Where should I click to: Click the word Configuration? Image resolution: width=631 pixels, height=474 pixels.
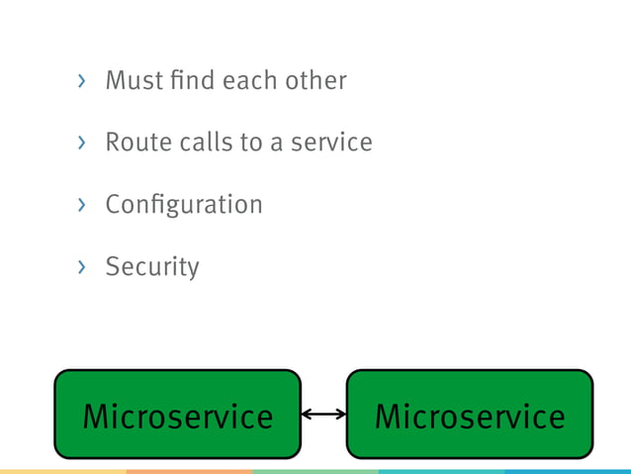click(x=184, y=205)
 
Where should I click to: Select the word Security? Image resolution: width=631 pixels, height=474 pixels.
click(x=152, y=267)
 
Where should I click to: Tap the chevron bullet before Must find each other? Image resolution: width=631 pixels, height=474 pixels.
click(x=82, y=81)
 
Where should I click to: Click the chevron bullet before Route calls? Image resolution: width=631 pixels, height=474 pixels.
click(x=82, y=143)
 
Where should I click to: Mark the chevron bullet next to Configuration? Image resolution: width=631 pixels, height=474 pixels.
click(x=82, y=206)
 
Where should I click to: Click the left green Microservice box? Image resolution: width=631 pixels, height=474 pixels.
click(x=177, y=415)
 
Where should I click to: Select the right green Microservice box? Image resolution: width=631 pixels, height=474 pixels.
click(x=470, y=415)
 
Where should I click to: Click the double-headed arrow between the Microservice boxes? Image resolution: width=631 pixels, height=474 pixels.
click(x=323, y=415)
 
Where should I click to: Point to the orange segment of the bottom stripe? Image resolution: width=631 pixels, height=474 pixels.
click(x=189, y=471)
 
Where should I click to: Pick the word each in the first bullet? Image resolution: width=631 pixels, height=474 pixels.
click(x=248, y=80)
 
